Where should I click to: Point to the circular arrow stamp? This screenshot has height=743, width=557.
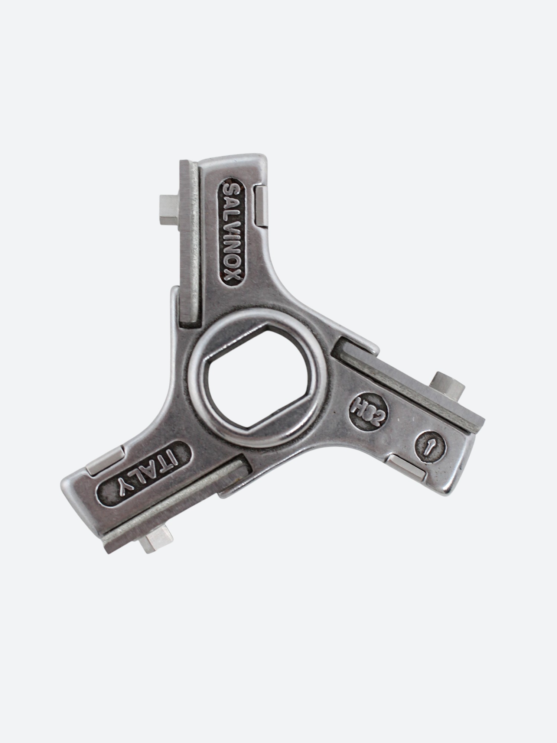pyautogui.click(x=430, y=447)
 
